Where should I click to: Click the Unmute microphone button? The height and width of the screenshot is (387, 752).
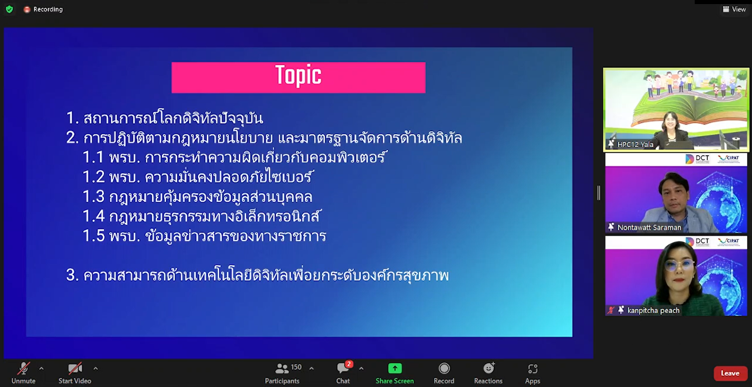point(23,373)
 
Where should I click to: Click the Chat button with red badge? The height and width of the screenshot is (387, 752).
point(343,373)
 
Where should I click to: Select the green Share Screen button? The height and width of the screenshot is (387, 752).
point(395,373)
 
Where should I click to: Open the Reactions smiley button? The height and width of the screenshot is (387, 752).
point(488,373)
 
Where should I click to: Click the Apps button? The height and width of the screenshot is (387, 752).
point(533,373)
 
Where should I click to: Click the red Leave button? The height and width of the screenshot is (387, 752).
point(730,373)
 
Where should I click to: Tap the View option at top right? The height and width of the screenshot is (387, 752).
point(734,9)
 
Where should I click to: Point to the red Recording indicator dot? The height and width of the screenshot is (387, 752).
point(27,10)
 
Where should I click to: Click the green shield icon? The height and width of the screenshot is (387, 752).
point(9,9)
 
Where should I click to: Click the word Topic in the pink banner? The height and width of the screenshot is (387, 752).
point(299,75)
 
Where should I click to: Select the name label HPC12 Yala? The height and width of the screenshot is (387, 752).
point(636,145)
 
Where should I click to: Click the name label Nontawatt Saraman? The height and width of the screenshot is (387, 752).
point(649,228)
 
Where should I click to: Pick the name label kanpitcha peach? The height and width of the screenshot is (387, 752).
point(653,310)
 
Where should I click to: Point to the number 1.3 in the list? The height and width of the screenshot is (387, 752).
point(93,197)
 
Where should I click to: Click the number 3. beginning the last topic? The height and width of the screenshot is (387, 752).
point(72,276)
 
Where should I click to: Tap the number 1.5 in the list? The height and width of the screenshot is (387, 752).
point(93,236)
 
